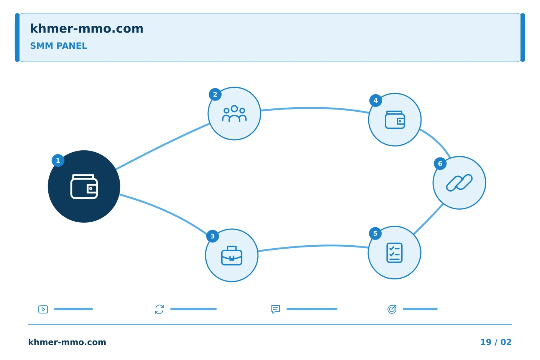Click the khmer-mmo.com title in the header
coord(87,28)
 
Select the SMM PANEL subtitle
coord(58,46)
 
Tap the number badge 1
coord(58,160)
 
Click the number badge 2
coord(215,94)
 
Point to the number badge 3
coord(213,236)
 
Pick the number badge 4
coord(376,100)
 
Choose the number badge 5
coord(375,233)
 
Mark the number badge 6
coord(440,164)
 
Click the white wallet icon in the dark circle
coord(84,187)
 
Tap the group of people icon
coord(234,114)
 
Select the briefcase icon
coord(232,256)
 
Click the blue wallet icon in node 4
coord(395,120)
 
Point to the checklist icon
coord(394,253)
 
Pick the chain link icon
coord(459,183)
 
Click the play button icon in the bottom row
coord(43,309)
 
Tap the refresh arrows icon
coord(159,309)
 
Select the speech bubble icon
coord(276,309)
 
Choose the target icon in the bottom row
coord(392,309)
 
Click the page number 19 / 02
coord(496,342)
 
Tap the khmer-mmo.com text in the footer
coord(67,342)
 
